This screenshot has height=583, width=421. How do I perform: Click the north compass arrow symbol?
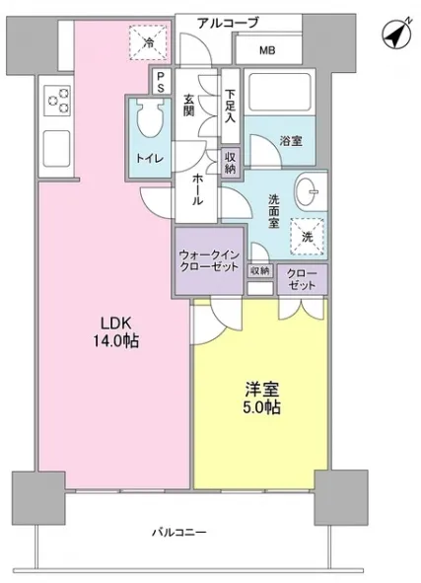coord(396,34)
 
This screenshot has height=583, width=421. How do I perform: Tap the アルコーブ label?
coord(228,23)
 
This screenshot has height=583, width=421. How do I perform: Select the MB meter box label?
coord(267,50)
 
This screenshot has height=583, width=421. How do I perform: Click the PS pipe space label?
coord(160,82)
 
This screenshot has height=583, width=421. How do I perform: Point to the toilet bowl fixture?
coord(151,118)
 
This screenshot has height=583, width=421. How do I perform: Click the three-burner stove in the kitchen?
coord(57,100)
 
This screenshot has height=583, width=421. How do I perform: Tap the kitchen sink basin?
coord(57,148)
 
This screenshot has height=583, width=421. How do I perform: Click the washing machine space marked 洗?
coord(307,237)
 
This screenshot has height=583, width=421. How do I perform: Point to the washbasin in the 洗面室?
coord(307,191)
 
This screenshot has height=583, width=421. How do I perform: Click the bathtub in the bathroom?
coord(279,92)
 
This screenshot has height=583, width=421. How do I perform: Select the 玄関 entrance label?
coord(188,106)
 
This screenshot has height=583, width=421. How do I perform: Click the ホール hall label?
coord(197,189)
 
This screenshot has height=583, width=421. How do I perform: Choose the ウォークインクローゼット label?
coord(209,260)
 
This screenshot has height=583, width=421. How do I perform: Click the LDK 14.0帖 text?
coord(116,332)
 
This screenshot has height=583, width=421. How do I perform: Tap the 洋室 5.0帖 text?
coord(261,399)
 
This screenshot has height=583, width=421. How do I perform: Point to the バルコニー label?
coord(179,533)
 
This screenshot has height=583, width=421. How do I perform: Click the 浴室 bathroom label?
coord(291,141)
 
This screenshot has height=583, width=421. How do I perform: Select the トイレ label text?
coord(150,159)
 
